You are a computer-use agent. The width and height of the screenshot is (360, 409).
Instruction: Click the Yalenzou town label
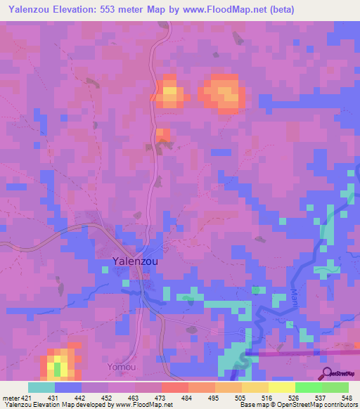(x=135, y=261)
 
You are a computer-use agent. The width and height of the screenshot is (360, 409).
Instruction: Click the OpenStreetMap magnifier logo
(x=328, y=373)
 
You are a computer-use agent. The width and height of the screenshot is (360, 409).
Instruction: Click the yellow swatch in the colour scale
(x=281, y=387)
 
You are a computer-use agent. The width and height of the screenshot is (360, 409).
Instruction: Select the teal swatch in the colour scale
(x=41, y=387)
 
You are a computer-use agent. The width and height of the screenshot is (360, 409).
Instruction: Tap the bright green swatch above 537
(x=308, y=387)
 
